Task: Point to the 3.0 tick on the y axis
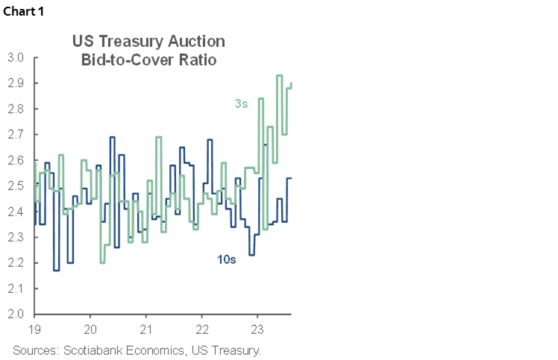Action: tap(16, 57)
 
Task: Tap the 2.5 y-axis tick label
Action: tap(16, 186)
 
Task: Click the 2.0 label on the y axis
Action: tap(16, 314)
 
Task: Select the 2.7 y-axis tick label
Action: tap(16, 134)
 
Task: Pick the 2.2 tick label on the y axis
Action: tap(16, 262)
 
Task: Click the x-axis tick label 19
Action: tap(34, 329)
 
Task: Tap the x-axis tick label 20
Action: tap(90, 329)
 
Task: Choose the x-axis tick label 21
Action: tap(146, 329)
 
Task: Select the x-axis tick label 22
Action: tap(202, 329)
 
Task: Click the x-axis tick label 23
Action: tap(258, 329)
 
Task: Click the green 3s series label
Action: tap(240, 104)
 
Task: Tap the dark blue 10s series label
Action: tap(225, 261)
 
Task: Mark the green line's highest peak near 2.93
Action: tap(279, 75)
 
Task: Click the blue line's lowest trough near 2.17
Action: tap(56, 270)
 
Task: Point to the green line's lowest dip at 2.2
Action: tap(102, 262)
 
